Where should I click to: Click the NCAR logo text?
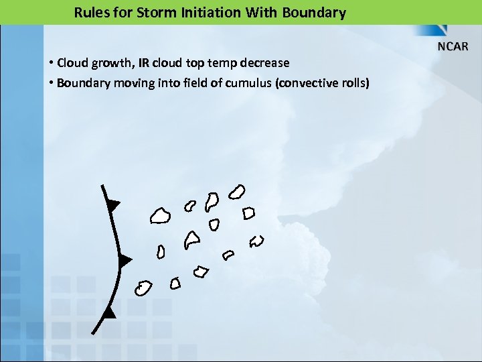click(x=453, y=46)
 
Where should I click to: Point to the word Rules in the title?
click(x=91, y=12)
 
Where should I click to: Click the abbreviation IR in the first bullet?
click(x=144, y=63)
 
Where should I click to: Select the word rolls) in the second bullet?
click(x=354, y=83)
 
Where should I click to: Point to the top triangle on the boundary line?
click(x=113, y=204)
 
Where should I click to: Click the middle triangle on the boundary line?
click(x=124, y=261)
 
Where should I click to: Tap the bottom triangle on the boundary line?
click(x=109, y=312)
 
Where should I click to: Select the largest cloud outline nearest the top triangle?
click(x=159, y=215)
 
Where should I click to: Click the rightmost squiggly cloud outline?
click(x=257, y=241)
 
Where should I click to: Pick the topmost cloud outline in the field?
click(x=236, y=192)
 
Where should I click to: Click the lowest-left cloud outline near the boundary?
click(x=142, y=288)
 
